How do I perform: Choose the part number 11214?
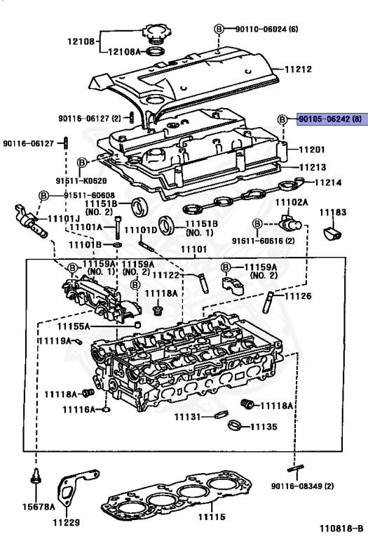click(327, 182)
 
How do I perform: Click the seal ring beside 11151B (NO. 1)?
click(167, 225)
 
